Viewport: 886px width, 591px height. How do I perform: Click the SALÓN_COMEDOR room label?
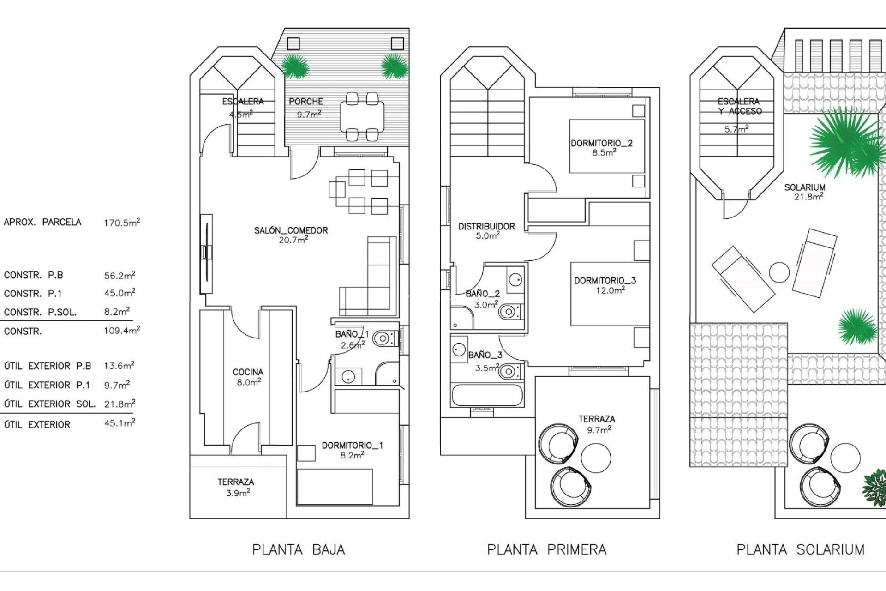[x=291, y=230]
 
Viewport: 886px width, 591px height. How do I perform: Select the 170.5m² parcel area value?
[x=121, y=223]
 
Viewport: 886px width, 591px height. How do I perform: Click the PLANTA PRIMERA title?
[x=546, y=549]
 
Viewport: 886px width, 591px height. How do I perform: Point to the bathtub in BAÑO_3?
[x=487, y=395]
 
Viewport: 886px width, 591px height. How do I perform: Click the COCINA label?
[x=248, y=372]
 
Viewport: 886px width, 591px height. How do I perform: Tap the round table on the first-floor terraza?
[x=596, y=458]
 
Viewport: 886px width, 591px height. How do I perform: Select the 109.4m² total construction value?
[x=121, y=331]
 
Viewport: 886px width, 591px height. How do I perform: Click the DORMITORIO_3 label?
[x=605, y=281]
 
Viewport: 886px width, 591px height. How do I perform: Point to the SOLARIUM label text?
[x=804, y=187]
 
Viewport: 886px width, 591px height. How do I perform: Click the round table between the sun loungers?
[x=779, y=272]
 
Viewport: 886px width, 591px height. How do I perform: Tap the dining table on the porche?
[x=362, y=116]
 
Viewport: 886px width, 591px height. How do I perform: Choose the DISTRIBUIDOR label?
[x=486, y=227]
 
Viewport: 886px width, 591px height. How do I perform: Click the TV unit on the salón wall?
[x=206, y=253]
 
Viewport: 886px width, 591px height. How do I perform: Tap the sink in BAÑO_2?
[x=515, y=279]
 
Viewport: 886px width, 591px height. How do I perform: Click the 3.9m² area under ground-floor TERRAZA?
[x=238, y=493]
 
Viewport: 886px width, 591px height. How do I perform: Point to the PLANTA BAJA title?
[x=299, y=549]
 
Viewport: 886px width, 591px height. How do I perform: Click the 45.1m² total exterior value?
[x=120, y=423]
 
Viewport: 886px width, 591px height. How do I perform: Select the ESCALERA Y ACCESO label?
[x=739, y=106]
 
